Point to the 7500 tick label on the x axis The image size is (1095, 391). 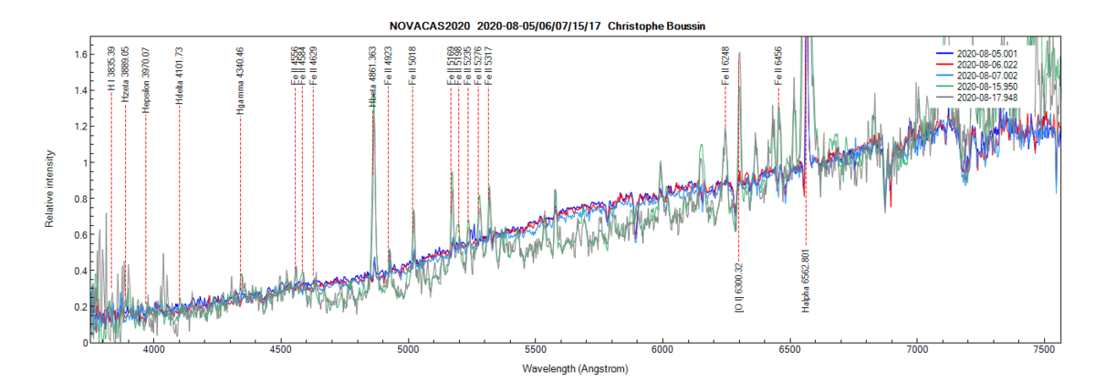pos(1045,351)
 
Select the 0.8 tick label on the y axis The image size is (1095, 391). pos(78,199)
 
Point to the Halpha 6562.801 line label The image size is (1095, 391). pos(806,280)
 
